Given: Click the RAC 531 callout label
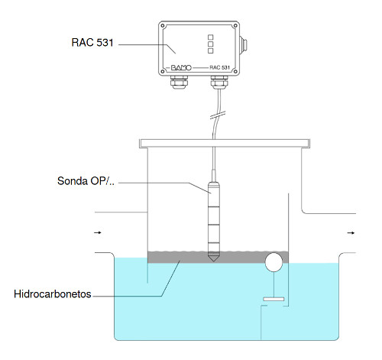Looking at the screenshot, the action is (92, 43).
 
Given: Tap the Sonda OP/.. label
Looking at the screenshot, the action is (86, 181).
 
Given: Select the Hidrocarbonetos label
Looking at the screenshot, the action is (53, 294).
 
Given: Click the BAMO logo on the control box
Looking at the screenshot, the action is (181, 67).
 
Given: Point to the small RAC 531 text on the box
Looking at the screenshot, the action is (219, 67).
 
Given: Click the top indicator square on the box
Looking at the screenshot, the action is (211, 37).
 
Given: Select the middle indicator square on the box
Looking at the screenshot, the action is (211, 44).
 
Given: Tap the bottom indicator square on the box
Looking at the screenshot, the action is (211, 51).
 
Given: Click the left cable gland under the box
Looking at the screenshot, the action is (179, 82).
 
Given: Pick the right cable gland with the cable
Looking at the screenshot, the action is (219, 82).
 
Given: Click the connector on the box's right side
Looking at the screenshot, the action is (244, 45).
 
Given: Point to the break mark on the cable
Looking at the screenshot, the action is (218, 115).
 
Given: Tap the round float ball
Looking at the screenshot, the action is (274, 261).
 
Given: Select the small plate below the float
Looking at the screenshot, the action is (274, 299).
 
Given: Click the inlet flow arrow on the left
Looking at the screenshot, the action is (98, 232).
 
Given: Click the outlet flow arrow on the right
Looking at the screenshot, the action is (351, 233).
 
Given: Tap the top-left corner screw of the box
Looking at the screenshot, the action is (163, 26).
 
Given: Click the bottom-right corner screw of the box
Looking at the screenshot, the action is (235, 72).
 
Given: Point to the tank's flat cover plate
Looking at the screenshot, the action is (225, 144).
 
